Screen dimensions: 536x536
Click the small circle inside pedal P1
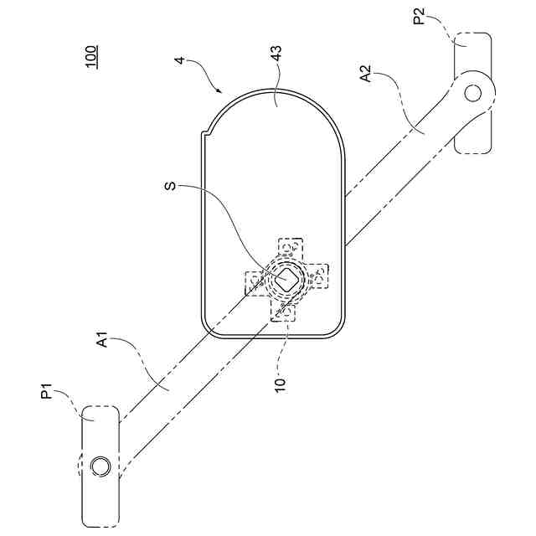click(x=100, y=466)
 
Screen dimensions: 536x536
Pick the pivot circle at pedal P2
click(x=473, y=92)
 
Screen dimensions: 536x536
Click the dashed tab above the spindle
click(x=290, y=248)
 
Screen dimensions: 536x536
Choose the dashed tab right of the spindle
click(x=318, y=276)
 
